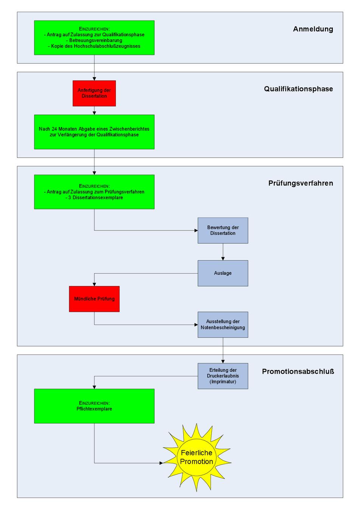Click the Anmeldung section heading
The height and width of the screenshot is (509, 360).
[x=313, y=29]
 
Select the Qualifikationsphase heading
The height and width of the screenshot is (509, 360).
[x=298, y=89]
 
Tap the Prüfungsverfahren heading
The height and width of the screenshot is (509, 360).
[x=301, y=183]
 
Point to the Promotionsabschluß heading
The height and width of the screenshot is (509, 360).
[x=298, y=371]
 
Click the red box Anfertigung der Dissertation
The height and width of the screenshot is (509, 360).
[x=94, y=93]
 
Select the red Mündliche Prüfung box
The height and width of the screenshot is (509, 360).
[x=94, y=299]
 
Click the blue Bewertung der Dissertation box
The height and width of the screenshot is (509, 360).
[x=223, y=231]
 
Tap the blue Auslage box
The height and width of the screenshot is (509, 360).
[x=223, y=273]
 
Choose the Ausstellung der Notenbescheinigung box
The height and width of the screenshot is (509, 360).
[x=223, y=325]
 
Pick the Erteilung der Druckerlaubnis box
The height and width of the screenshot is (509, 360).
[x=223, y=376]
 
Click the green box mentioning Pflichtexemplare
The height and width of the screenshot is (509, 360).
[x=94, y=406]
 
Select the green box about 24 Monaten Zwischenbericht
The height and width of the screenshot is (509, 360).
[x=94, y=132]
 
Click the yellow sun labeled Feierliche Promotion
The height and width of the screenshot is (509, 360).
[x=197, y=457]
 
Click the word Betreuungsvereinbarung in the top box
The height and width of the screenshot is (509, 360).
[x=96, y=40]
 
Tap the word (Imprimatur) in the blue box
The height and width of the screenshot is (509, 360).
[x=223, y=382]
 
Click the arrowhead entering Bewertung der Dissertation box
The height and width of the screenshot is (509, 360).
[x=196, y=231]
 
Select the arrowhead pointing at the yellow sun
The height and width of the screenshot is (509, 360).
[x=160, y=463]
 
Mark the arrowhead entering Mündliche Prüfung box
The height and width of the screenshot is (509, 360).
[x=94, y=284]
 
